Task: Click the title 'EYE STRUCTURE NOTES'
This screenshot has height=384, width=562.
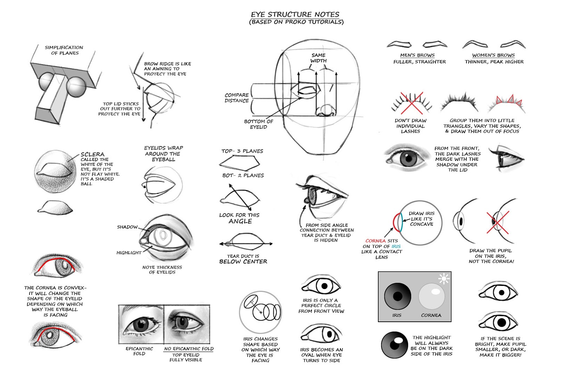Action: tap(295, 15)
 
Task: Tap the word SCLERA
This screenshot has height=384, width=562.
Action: tap(92, 154)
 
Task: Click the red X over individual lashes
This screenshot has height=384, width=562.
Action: tap(411, 103)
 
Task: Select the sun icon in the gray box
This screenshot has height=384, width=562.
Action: tap(444, 279)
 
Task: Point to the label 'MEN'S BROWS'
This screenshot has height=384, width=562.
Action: tap(417, 55)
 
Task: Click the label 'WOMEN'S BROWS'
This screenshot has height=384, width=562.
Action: tap(493, 55)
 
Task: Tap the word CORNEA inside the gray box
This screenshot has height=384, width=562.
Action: tap(431, 315)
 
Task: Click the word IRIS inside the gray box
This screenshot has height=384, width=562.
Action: tap(397, 315)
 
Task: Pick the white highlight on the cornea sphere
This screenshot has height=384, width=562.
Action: tap(436, 292)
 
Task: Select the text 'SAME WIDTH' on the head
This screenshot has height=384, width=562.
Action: tap(318, 58)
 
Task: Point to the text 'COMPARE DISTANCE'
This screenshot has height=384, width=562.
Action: tap(237, 98)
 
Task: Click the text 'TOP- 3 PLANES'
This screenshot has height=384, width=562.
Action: tap(242, 151)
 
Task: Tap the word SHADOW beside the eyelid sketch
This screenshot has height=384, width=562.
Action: tap(127, 227)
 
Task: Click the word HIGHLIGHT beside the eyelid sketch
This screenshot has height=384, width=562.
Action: tap(129, 253)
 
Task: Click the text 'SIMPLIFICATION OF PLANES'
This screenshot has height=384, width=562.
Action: tap(64, 50)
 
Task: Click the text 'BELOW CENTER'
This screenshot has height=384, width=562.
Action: tap(243, 262)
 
